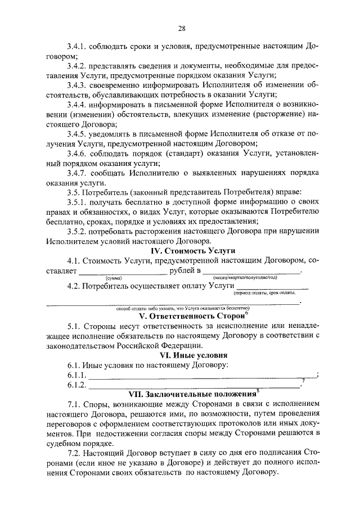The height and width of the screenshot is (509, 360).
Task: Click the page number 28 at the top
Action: (182, 28)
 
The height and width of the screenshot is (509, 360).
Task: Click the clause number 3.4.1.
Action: (77, 44)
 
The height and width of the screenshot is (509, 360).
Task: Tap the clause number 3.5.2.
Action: (77, 230)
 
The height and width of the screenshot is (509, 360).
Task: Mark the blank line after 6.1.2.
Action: (195, 386)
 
